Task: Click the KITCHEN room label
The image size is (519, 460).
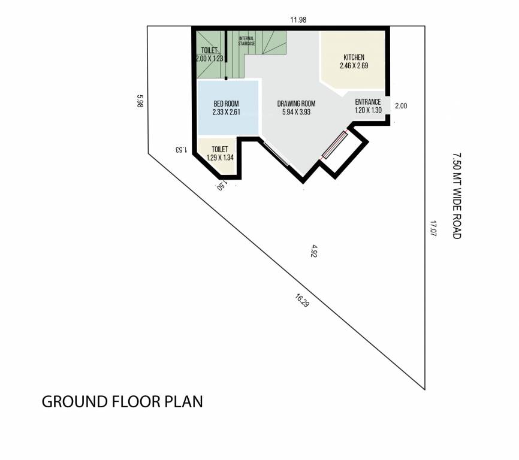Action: click(x=353, y=57)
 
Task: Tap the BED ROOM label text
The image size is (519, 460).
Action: click(x=226, y=104)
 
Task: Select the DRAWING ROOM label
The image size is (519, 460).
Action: click(x=296, y=104)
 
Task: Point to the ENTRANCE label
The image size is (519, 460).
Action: click(x=368, y=102)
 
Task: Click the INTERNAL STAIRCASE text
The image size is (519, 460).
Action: click(x=247, y=41)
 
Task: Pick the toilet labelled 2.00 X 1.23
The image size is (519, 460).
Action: click(x=209, y=55)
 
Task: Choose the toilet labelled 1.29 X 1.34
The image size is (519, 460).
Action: click(x=219, y=153)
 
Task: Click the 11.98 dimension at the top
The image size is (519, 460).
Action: click(x=298, y=20)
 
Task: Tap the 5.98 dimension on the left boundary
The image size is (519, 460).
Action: click(x=140, y=101)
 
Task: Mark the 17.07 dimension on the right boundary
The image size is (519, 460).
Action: click(x=433, y=229)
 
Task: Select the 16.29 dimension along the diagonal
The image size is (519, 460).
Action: click(x=302, y=300)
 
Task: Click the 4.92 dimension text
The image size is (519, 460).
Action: click(x=313, y=251)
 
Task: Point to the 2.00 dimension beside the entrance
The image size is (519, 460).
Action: click(x=402, y=106)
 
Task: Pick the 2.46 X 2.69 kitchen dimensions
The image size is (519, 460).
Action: click(x=353, y=66)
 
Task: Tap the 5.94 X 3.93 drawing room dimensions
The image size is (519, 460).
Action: click(x=296, y=111)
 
